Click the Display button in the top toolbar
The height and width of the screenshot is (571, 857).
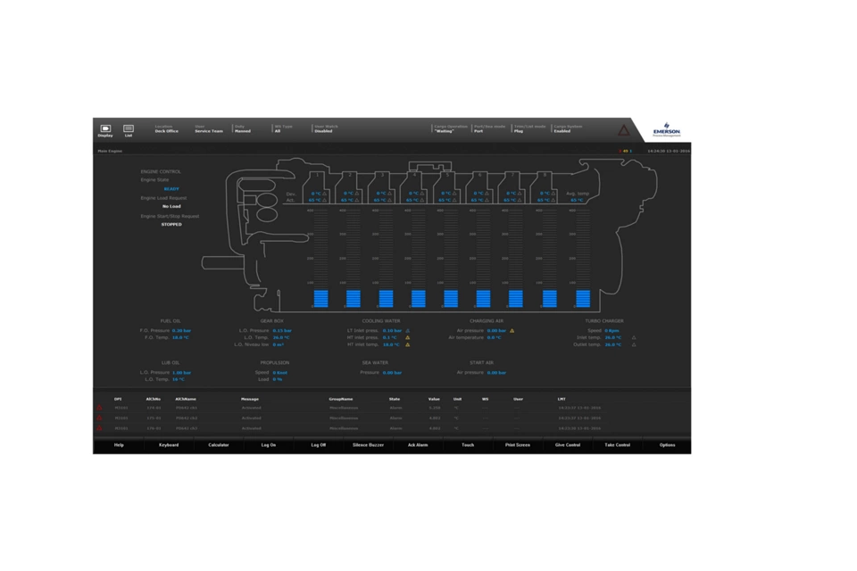[x=105, y=130]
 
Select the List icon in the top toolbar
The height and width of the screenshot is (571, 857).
[x=129, y=130]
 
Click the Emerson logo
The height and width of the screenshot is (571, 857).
[x=666, y=129]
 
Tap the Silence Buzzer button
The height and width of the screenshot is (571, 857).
[x=368, y=444]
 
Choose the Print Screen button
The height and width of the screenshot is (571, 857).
[x=517, y=444]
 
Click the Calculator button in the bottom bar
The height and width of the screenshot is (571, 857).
[x=219, y=444]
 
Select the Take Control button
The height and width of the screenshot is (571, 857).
[x=617, y=444]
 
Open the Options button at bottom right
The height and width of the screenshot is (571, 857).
[x=667, y=444]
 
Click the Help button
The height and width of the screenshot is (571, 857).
[x=119, y=444]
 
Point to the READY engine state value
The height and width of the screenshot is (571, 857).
[x=171, y=189]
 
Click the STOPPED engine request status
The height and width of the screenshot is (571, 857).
[x=171, y=224]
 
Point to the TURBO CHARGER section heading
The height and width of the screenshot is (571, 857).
[x=604, y=321]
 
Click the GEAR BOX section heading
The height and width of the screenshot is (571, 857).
[x=272, y=321]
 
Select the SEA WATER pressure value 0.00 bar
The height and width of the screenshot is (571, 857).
[x=392, y=373]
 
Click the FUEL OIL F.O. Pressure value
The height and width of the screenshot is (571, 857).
[x=181, y=330]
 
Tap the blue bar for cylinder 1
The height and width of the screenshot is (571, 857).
[x=321, y=299]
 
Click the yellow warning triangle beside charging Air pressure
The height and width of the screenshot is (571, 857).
[x=512, y=331]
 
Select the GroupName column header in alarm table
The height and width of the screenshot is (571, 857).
[x=341, y=399]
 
